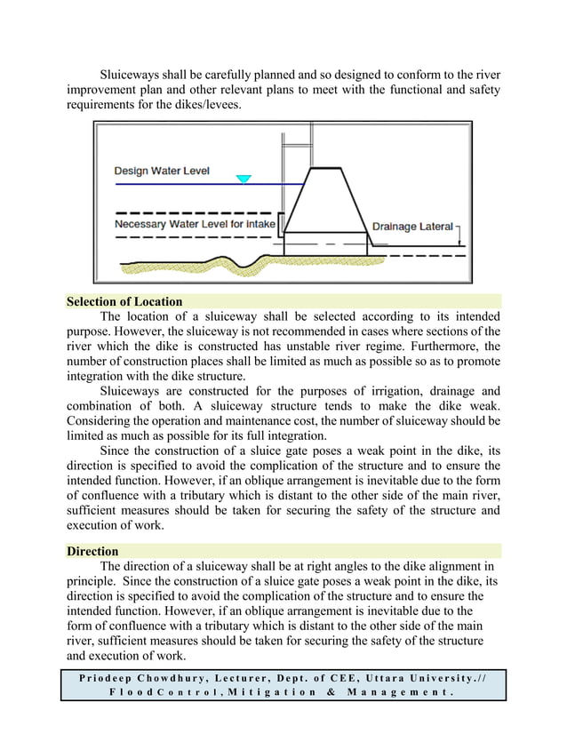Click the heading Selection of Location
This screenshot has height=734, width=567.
tap(124, 301)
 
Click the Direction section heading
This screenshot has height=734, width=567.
tap(93, 551)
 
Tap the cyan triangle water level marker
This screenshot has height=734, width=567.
tap(244, 179)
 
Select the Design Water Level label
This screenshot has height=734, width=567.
tap(162, 171)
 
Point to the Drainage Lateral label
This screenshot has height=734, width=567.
tap(411, 227)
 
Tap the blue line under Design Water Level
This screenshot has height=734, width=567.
tap(178, 184)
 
